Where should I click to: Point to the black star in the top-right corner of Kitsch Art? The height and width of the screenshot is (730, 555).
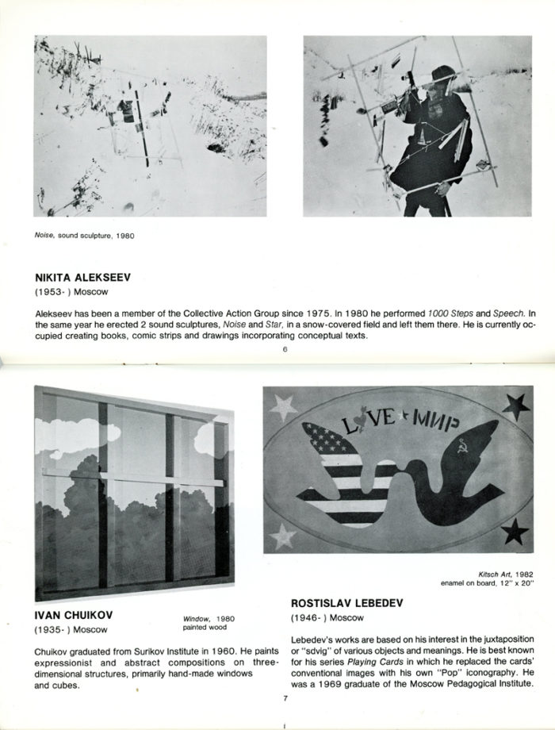[x=516, y=407]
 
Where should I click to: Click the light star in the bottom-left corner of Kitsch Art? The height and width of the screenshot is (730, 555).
[x=283, y=536]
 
